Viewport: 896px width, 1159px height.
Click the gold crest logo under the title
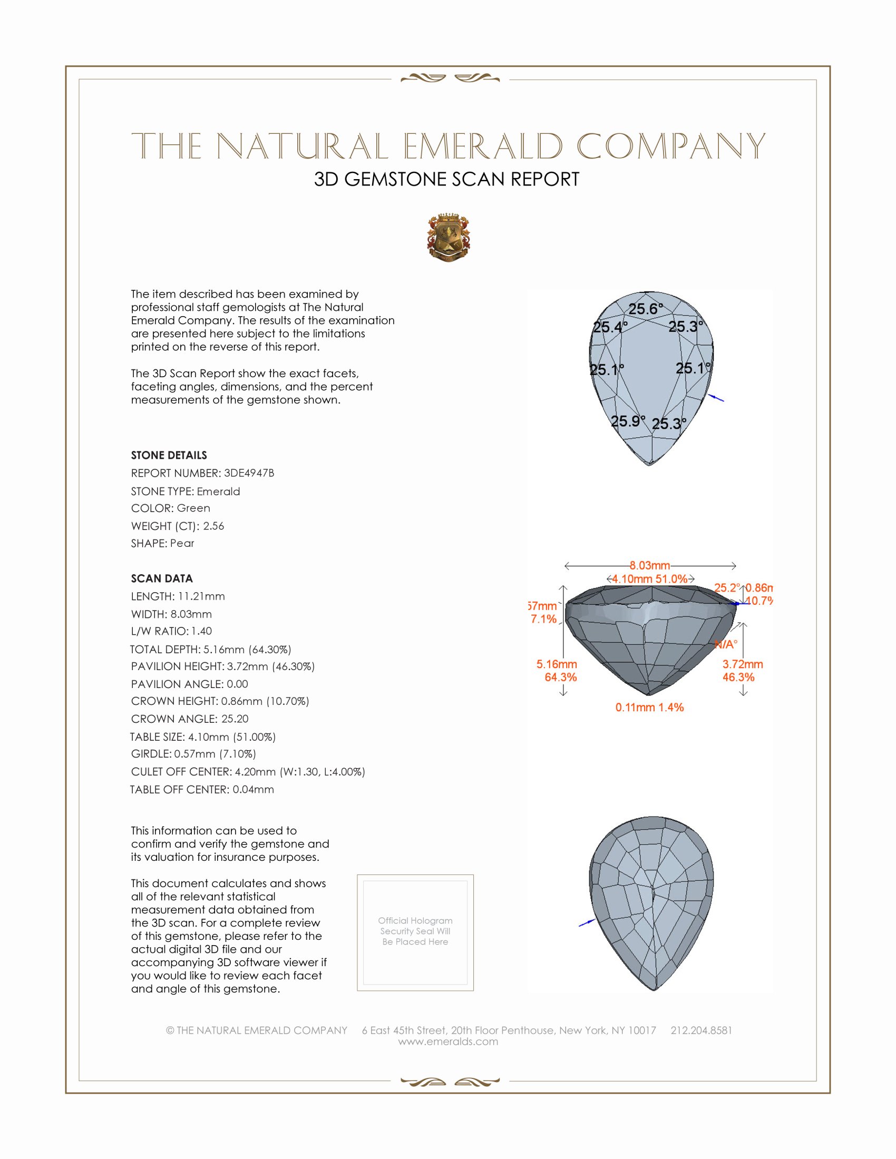[448, 237]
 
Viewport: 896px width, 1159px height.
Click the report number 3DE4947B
[248, 473]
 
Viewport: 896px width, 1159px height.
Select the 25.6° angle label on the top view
[646, 309]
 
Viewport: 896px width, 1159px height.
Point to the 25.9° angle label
[627, 421]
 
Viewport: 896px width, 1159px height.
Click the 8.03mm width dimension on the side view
[650, 566]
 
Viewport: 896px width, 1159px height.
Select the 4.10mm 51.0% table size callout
[650, 579]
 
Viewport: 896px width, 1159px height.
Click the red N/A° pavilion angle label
[726, 645]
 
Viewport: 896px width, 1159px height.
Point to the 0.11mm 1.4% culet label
[649, 708]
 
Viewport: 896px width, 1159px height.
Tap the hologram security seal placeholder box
[415, 932]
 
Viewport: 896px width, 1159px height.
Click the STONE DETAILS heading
[169, 455]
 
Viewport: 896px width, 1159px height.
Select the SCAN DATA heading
[162, 578]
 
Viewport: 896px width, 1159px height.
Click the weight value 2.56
[213, 526]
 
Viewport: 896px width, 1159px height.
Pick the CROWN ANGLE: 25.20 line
[190, 719]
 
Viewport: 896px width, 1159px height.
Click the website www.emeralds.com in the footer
[448, 1042]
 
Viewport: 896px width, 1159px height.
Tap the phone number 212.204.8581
[701, 1030]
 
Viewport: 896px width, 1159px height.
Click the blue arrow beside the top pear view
[716, 398]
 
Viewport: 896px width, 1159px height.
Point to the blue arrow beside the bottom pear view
[587, 924]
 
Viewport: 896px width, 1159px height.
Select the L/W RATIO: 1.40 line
[171, 631]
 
